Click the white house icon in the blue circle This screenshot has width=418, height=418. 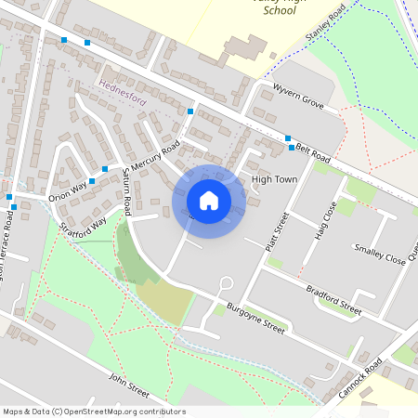[209, 201]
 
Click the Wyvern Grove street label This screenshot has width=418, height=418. [298, 97]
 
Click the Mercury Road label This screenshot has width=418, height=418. [154, 159]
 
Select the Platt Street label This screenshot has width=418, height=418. [277, 231]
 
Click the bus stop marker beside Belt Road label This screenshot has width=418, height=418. [292, 148]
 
